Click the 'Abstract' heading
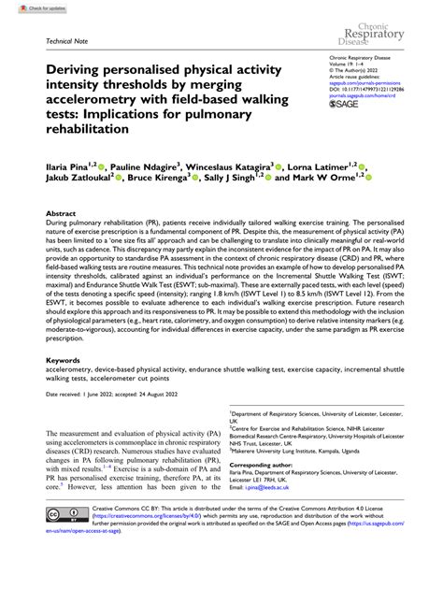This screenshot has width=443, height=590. pos(62,214)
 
